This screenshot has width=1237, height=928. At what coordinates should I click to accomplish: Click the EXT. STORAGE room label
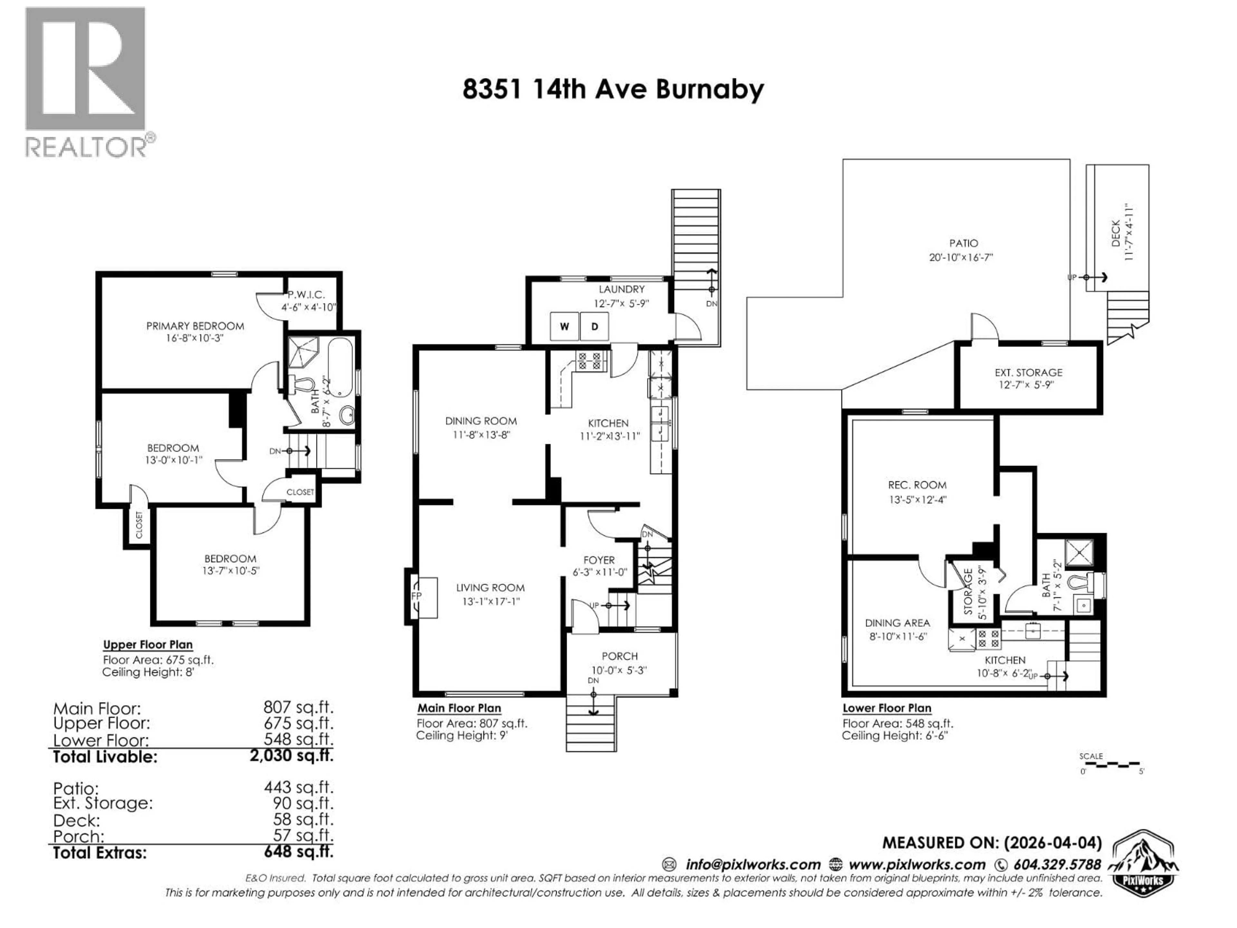(1028, 372)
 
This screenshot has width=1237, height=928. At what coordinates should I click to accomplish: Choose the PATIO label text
(963, 243)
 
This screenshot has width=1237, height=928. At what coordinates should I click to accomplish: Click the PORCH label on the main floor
(619, 656)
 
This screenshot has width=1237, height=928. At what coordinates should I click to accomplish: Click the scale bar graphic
(1111, 764)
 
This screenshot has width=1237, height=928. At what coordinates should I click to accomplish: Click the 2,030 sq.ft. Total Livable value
(291, 756)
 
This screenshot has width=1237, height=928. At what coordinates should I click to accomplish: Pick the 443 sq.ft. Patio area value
(299, 788)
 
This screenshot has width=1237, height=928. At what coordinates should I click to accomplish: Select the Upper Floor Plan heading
(148, 644)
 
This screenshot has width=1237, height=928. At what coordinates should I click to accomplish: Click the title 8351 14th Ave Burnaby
(613, 90)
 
